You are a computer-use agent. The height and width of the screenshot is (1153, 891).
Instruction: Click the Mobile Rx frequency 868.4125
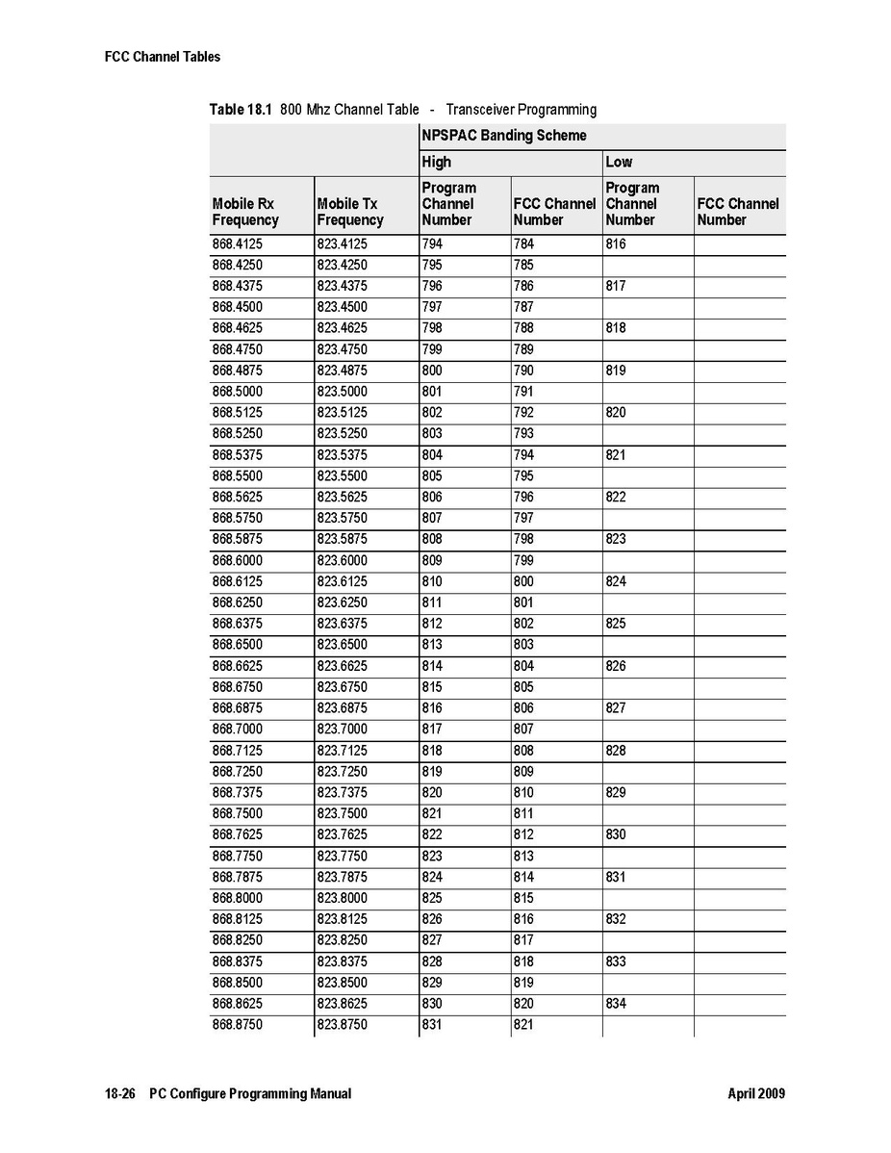(237, 244)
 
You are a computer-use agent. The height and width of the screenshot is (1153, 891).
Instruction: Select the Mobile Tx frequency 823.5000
(342, 392)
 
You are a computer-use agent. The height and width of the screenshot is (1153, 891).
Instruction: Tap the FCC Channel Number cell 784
(523, 244)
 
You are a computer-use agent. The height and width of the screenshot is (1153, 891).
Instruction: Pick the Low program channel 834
(616, 1004)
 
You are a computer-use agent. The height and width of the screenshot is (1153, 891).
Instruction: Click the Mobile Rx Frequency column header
(245, 212)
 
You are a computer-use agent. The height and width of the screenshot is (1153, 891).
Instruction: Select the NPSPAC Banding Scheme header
(503, 136)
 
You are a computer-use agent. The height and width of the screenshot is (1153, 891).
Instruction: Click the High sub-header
(436, 162)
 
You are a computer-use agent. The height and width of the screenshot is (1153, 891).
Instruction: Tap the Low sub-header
(619, 162)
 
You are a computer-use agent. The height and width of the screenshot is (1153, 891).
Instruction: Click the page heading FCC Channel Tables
(163, 57)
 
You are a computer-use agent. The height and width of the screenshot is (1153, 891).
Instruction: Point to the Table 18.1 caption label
(242, 110)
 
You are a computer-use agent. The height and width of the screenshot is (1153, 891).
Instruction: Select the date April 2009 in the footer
(756, 1093)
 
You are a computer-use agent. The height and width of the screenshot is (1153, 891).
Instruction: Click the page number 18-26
(121, 1093)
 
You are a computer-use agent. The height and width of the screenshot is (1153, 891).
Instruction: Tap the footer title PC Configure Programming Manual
(250, 1093)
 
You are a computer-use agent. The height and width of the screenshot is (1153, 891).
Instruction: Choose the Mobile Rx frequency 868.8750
(237, 1025)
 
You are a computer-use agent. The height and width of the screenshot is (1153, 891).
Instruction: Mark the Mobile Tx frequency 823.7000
(342, 730)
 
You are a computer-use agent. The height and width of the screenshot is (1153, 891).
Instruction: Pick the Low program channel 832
(616, 919)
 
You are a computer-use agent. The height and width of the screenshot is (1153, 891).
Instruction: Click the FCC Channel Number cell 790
(523, 371)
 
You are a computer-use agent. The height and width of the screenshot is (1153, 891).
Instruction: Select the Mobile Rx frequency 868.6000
(237, 560)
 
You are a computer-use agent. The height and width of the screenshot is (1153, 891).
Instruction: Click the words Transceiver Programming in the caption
(521, 110)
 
